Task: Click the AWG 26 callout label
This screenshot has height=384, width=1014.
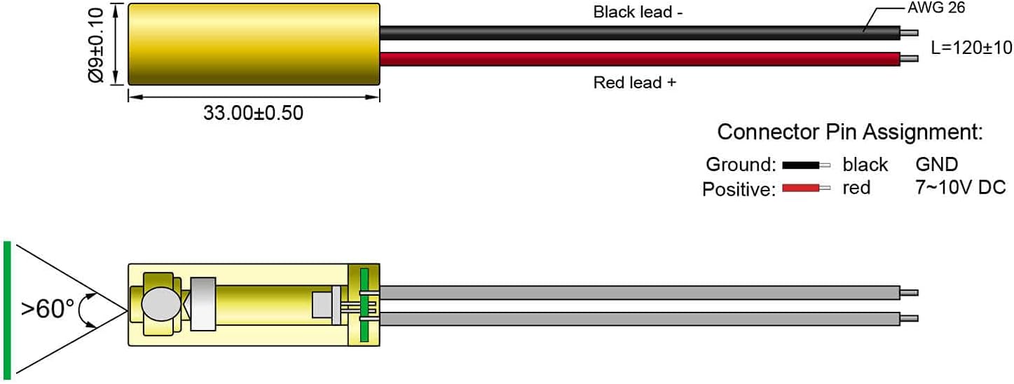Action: pyautogui.click(x=936, y=8)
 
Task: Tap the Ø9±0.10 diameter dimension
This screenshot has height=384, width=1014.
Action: pyautogui.click(x=96, y=46)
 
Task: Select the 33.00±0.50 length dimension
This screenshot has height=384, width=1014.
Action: pyautogui.click(x=253, y=113)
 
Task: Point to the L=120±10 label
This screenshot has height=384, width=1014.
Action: pyautogui.click(x=971, y=48)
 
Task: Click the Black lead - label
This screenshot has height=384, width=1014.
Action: pyautogui.click(x=638, y=12)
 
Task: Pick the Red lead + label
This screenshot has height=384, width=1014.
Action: pyautogui.click(x=635, y=83)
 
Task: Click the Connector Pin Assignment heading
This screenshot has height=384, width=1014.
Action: pyautogui.click(x=850, y=132)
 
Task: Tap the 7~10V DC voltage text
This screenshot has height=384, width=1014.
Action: pyautogui.click(x=960, y=187)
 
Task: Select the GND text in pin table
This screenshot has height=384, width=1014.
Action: pyautogui.click(x=937, y=164)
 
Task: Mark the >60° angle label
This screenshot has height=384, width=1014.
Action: pyautogui.click(x=48, y=309)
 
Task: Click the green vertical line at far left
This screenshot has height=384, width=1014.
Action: pyautogui.click(x=7, y=310)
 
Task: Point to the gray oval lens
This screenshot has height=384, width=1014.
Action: pyautogui.click(x=161, y=304)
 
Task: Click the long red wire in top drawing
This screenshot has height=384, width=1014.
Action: pyautogui.click(x=640, y=59)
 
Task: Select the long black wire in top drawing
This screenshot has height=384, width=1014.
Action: pyautogui.click(x=640, y=33)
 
